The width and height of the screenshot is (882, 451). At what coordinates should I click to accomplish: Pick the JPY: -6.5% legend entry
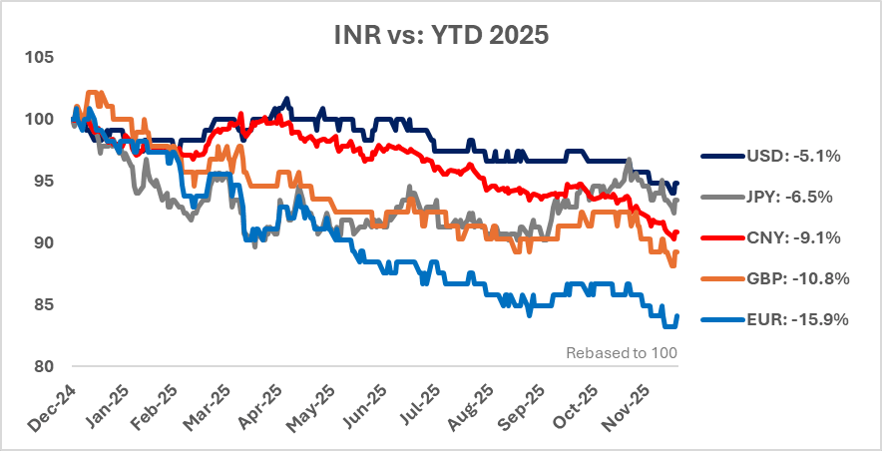pos(784,198)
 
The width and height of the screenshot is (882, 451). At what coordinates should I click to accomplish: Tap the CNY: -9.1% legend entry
pos(784,237)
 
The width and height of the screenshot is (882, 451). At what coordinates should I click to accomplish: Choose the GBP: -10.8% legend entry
pos(788,278)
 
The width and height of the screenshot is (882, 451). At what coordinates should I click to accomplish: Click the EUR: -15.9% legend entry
pos(788,319)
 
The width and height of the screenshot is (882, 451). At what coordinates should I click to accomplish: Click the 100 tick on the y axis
pos(39,120)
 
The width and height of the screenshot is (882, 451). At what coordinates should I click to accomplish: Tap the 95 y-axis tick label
pos(43,182)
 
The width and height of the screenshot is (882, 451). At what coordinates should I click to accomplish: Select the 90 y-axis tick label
pos(43,243)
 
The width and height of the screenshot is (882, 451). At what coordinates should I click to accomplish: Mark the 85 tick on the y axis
pos(43,304)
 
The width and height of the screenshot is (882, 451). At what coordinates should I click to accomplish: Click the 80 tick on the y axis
pos(43,366)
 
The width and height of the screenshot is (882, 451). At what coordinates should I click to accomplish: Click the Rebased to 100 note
pos(622,353)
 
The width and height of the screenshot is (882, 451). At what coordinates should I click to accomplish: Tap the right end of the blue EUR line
pos(677,316)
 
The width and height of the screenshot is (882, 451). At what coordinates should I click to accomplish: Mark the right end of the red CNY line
pos(677,233)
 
